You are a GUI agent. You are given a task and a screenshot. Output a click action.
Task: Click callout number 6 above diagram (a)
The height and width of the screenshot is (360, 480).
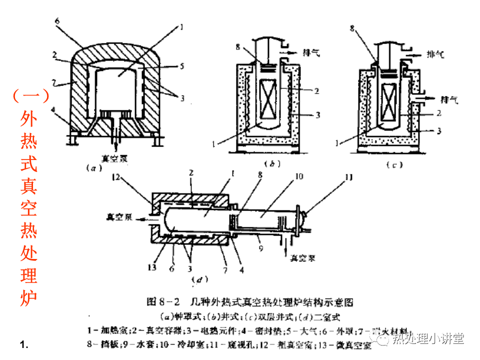57,20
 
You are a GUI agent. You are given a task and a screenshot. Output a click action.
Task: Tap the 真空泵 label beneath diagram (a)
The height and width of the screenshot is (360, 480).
114,158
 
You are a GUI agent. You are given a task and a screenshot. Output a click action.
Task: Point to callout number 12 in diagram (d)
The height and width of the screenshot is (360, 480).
115,176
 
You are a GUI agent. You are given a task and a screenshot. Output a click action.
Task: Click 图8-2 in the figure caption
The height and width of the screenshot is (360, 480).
163,302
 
